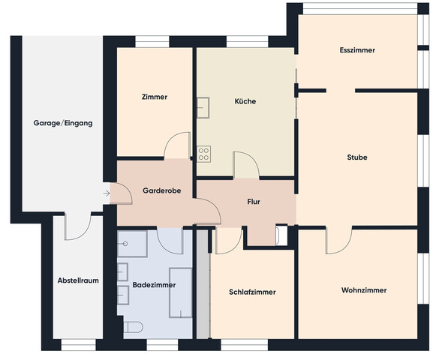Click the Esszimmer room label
click(357, 50)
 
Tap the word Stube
click(357, 157)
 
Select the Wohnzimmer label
click(364, 290)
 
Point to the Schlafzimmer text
click(252, 292)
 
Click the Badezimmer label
click(154, 285)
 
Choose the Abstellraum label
click(78, 280)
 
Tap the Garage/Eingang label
click(63, 123)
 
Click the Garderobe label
click(161, 190)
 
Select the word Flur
click(254, 202)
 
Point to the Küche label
click(245, 101)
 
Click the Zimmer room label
click(155, 97)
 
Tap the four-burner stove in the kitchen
click(204, 154)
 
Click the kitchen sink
click(203, 107)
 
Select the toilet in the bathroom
click(133, 327)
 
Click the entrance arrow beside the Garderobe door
click(107, 193)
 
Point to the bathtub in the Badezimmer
click(180, 292)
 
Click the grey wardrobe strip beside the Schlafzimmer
click(203, 284)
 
